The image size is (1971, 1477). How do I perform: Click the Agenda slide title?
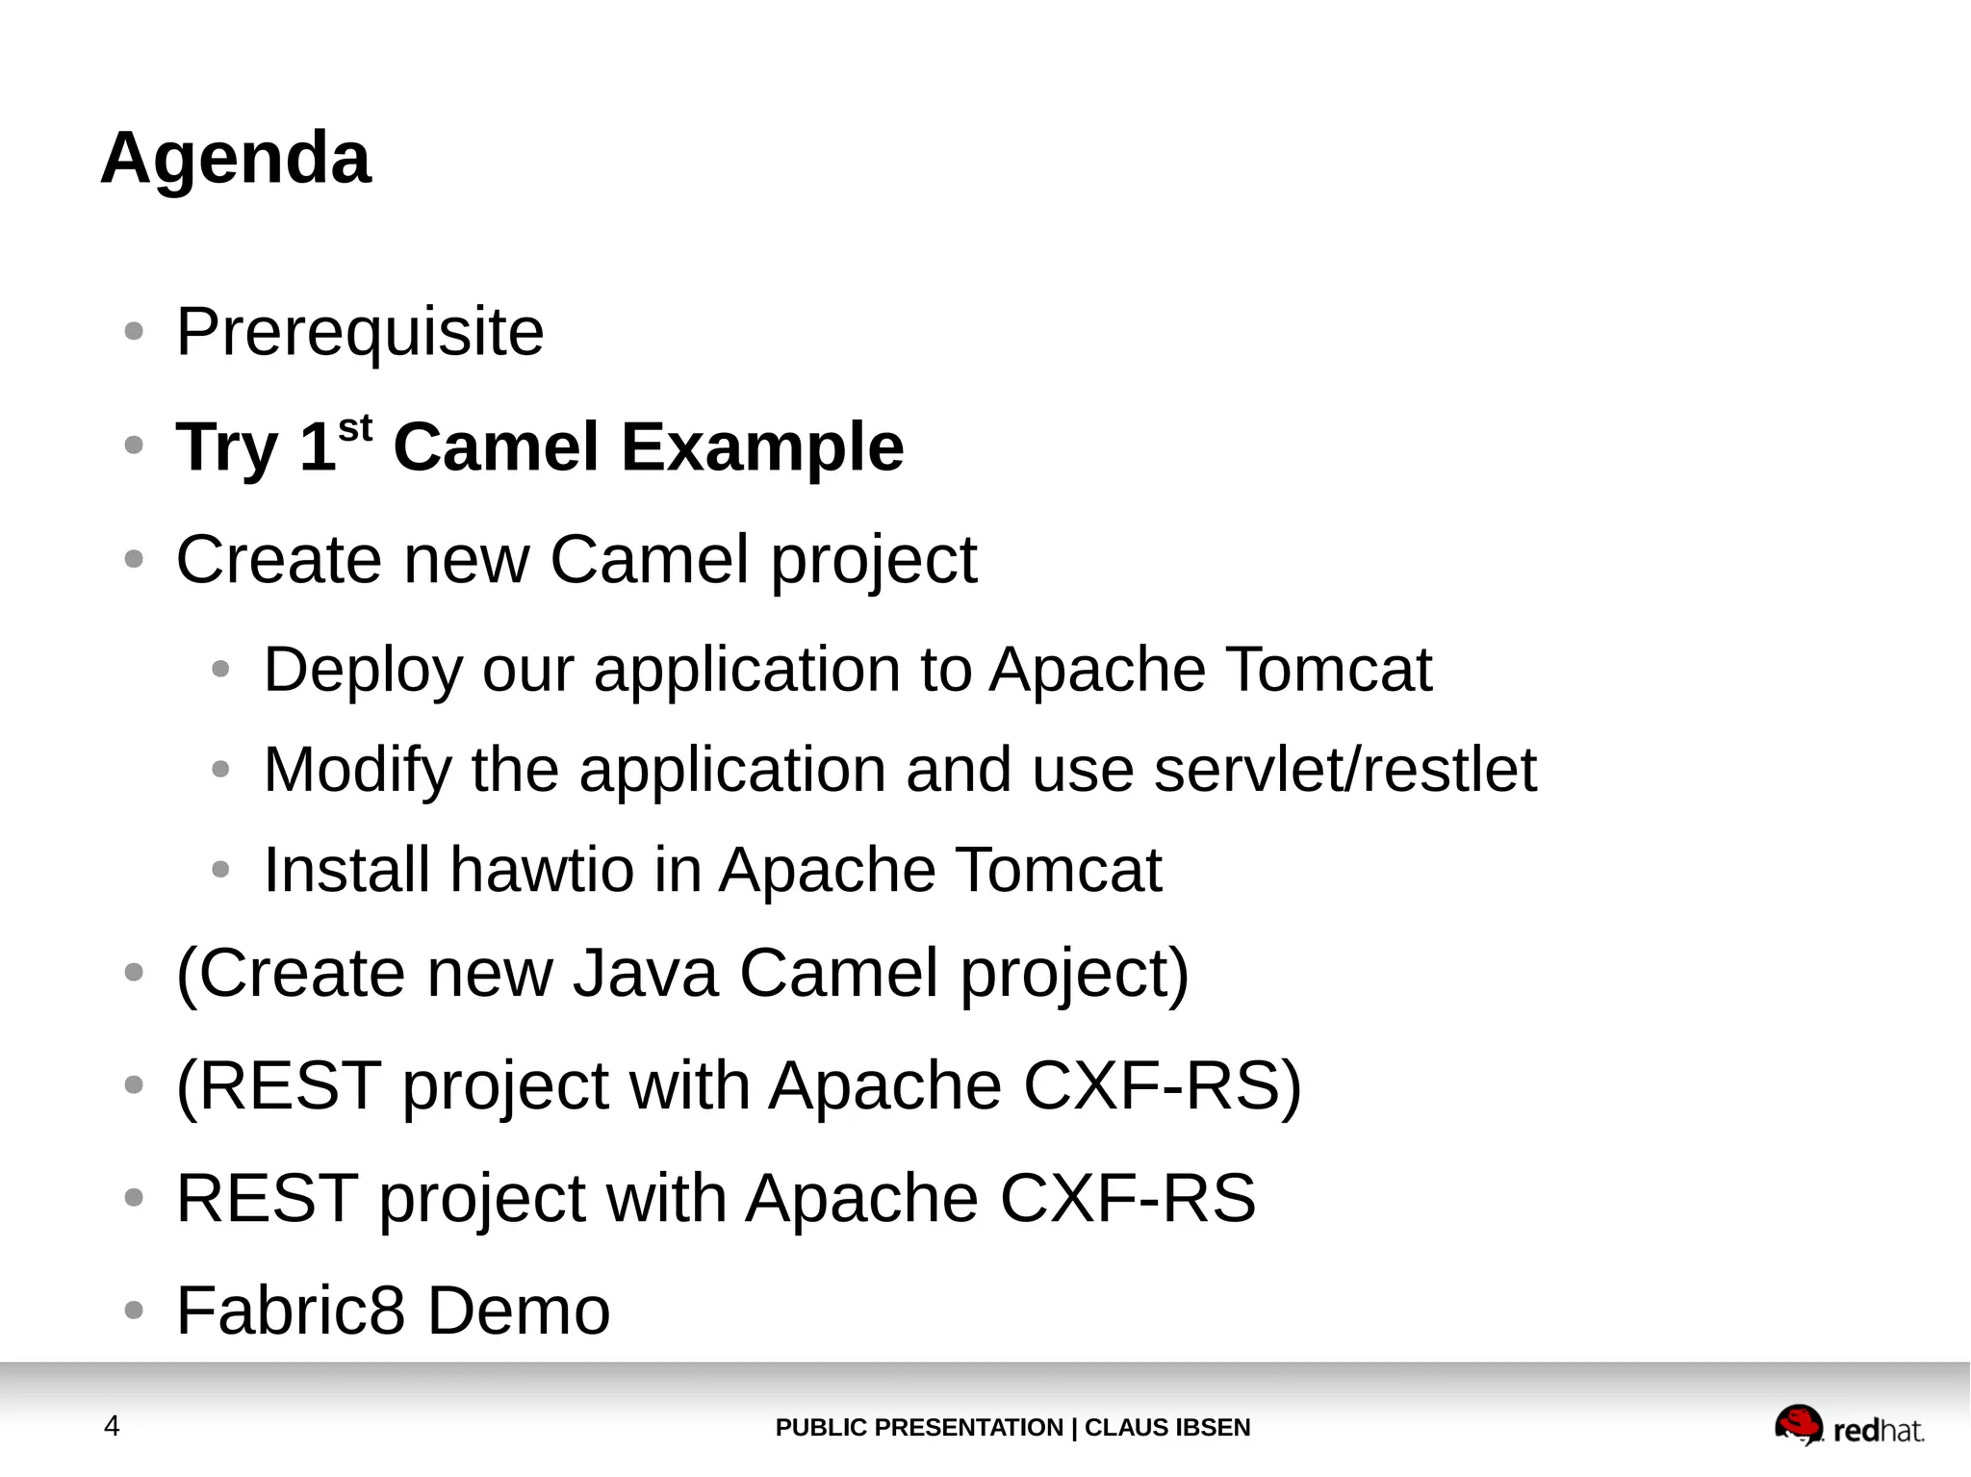(x=236, y=158)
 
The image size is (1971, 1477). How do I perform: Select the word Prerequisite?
(x=360, y=332)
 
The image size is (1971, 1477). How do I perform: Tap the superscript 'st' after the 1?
(x=355, y=429)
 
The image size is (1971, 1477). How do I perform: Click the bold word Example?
(x=762, y=447)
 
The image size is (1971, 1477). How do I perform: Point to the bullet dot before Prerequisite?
(x=135, y=332)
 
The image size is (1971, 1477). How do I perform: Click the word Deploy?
(x=363, y=670)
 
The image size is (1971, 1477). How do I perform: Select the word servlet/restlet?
(x=1344, y=770)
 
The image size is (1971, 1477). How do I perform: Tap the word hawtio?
(x=542, y=870)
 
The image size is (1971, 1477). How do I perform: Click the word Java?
(x=646, y=973)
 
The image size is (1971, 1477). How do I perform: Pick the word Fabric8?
(x=291, y=1311)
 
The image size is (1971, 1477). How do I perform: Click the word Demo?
(x=518, y=1311)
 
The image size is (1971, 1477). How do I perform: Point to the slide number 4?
(x=112, y=1426)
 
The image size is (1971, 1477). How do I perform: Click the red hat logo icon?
(x=1798, y=1425)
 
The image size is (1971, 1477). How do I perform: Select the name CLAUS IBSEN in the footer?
(x=1167, y=1428)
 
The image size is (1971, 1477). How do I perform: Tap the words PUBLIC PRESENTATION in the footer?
(x=918, y=1428)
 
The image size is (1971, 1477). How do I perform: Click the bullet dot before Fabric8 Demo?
(x=135, y=1311)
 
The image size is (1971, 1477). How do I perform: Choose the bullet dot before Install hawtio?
(x=221, y=870)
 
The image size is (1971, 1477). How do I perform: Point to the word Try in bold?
(x=226, y=447)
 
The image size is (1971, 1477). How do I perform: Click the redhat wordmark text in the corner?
(x=1879, y=1431)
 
